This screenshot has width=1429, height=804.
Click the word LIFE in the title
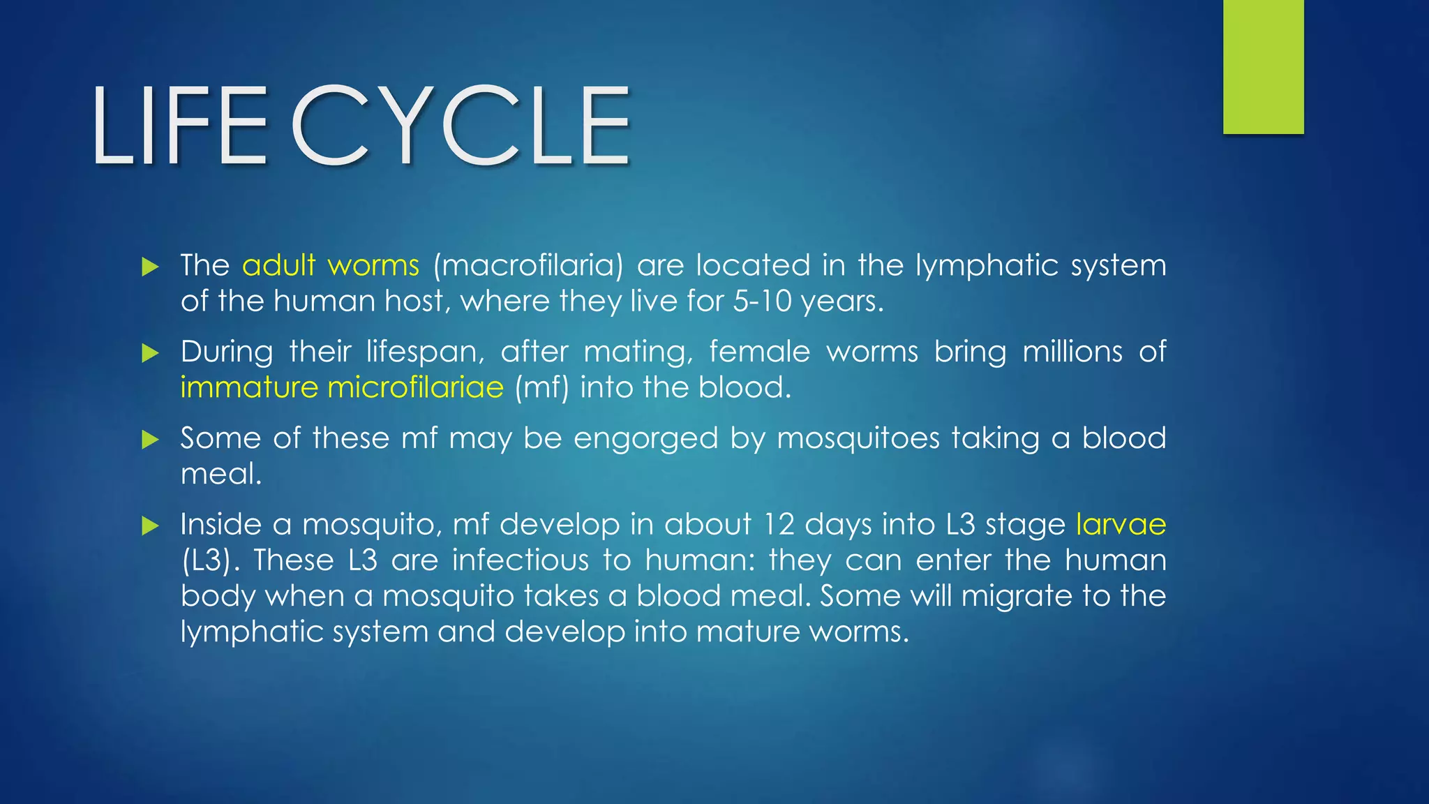[179, 126]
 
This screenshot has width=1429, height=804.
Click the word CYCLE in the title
[461, 126]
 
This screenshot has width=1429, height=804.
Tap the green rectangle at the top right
[1263, 66]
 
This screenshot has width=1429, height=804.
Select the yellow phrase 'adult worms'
[331, 266]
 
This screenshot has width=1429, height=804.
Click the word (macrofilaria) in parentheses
[528, 266]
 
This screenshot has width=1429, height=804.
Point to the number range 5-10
[762, 301]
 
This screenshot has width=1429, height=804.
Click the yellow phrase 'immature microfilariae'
[342, 387]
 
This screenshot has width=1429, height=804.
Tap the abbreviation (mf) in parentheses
[541, 387]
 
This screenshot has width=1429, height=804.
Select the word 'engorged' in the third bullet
[645, 439]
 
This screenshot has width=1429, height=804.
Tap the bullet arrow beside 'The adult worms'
[150, 267]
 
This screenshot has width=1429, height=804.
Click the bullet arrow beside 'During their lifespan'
[150, 353]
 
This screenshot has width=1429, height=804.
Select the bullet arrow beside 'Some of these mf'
[150, 440]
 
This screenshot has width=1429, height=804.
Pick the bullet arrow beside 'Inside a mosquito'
[150, 526]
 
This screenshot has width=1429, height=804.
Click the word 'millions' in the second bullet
[1072, 352]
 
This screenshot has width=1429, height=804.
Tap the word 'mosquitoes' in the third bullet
[858, 439]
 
